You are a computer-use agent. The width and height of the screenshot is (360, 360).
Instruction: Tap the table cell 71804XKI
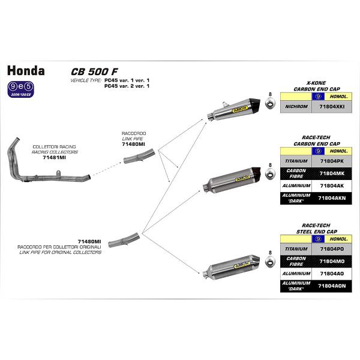[x=332, y=106]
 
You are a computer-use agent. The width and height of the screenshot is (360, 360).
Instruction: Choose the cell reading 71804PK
[x=332, y=161]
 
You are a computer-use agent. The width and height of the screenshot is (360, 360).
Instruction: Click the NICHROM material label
[x=298, y=106]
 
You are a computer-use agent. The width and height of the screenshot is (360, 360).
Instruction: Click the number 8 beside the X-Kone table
[x=271, y=95]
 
